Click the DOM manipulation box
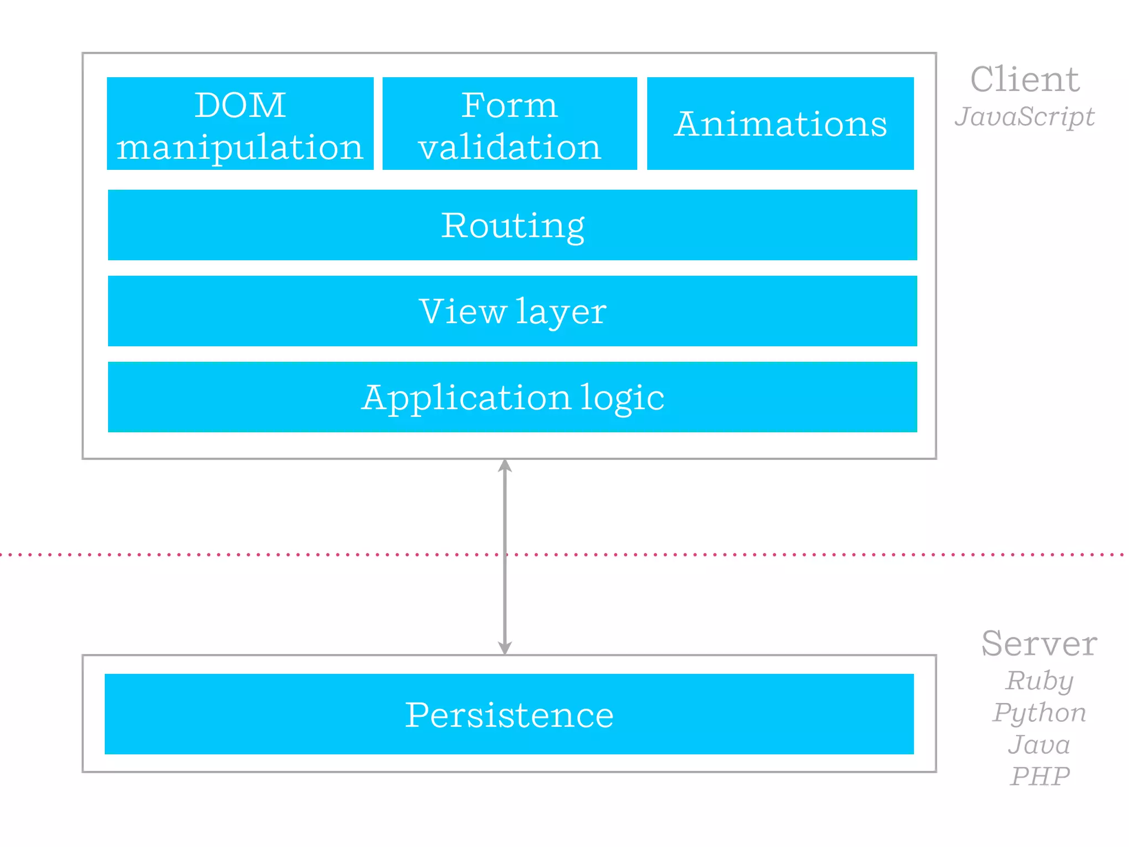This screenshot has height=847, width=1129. [x=240, y=124]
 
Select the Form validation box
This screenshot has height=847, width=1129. [x=509, y=124]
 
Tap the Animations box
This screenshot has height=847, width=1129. [x=780, y=124]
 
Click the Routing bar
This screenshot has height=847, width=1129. [x=512, y=225]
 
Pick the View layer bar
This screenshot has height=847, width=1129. [x=512, y=311]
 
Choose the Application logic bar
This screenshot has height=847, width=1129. [x=512, y=397]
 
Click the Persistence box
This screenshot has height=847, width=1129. [x=509, y=714]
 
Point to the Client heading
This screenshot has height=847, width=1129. [x=1024, y=79]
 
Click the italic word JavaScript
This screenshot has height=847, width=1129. [x=1024, y=117]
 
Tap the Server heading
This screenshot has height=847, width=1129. [x=1039, y=644]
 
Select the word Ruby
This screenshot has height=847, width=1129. [x=1039, y=681]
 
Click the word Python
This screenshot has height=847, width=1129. [x=1039, y=713]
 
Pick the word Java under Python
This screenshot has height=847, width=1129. [x=1039, y=744]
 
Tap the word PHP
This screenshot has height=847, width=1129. [x=1040, y=776]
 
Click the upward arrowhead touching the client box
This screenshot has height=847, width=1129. [x=505, y=466]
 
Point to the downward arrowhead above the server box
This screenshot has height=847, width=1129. [x=505, y=647]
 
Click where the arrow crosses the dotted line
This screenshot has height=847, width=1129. [x=505, y=554]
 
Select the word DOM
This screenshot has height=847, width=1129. [x=240, y=105]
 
